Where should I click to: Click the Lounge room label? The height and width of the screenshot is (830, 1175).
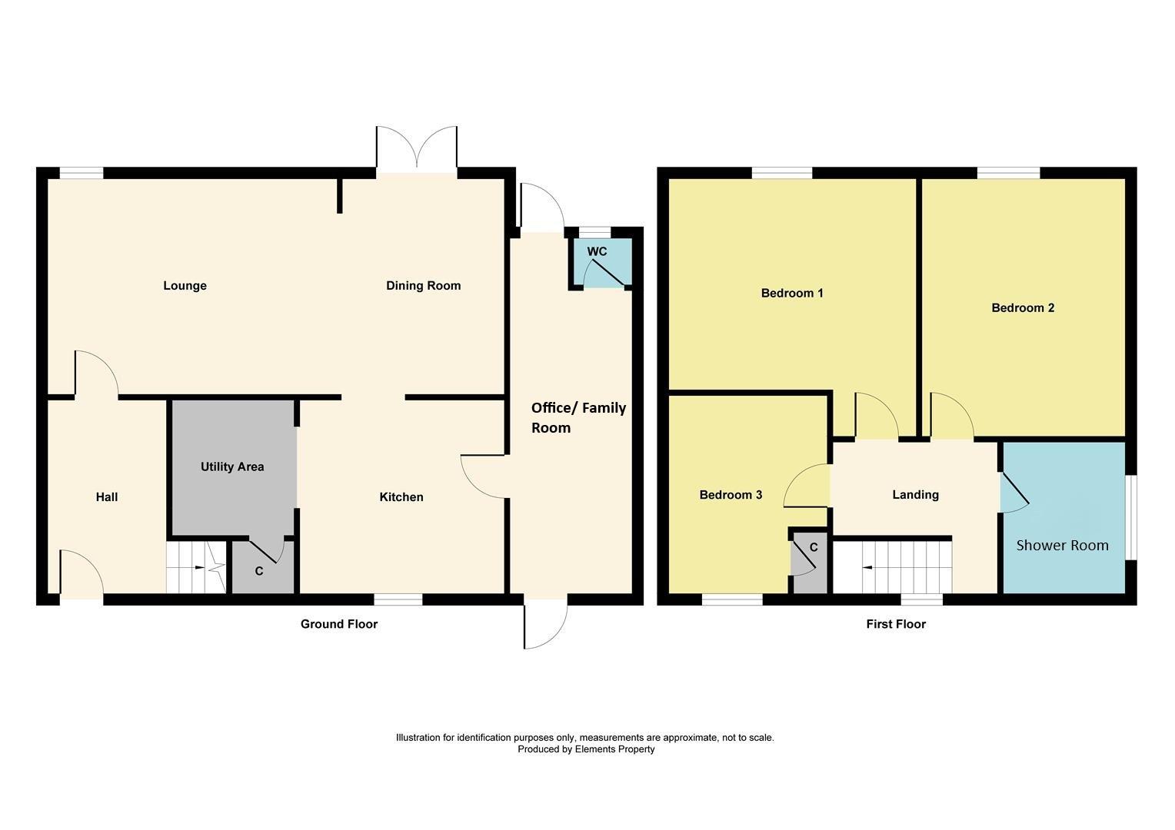pos(185,286)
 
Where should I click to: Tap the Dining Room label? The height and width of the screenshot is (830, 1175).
pos(423,286)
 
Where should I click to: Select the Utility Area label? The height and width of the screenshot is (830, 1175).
pos(232,466)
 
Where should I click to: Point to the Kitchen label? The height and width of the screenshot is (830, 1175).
pos(401,497)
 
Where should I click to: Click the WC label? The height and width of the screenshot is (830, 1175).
pos(597,251)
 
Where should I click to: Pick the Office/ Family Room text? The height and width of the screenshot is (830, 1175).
pos(578,418)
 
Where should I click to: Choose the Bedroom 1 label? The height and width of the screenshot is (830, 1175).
pos(792,293)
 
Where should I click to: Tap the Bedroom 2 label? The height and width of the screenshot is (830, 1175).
pos(1023,307)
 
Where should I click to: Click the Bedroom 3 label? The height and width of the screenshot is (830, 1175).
pos(731,495)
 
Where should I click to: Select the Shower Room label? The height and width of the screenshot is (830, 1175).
pos(1062,546)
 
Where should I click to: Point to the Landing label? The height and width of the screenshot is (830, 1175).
pos(915,495)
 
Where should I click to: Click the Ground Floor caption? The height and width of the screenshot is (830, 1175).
pos(339,624)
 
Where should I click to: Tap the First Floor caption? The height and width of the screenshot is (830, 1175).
pos(896,624)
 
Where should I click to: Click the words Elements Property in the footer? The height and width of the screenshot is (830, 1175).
pos(614,749)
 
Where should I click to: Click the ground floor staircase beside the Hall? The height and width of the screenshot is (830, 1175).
pos(196,567)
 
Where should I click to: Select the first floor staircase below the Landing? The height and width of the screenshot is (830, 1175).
pos(892,567)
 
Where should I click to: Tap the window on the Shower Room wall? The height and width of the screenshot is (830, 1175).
pos(1130,517)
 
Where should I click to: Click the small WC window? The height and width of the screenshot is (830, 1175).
pos(595,233)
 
